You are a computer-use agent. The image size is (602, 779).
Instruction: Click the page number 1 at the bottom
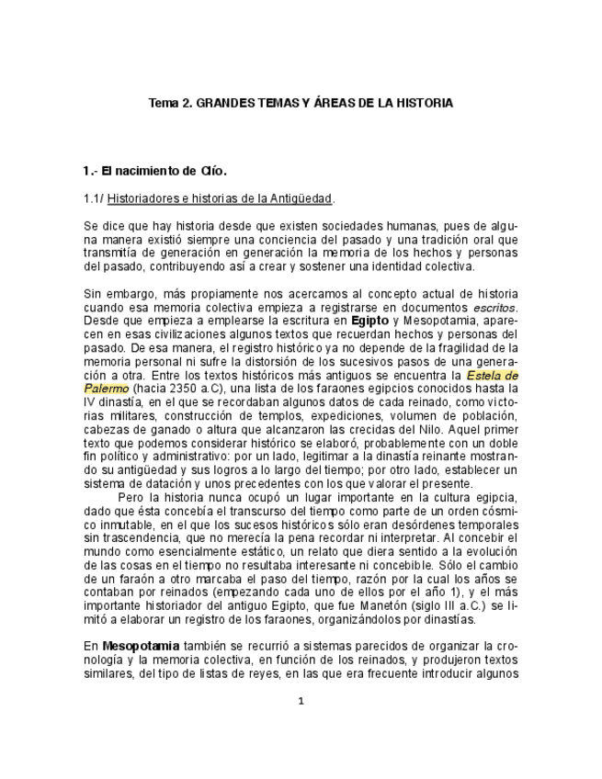pos(301,701)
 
